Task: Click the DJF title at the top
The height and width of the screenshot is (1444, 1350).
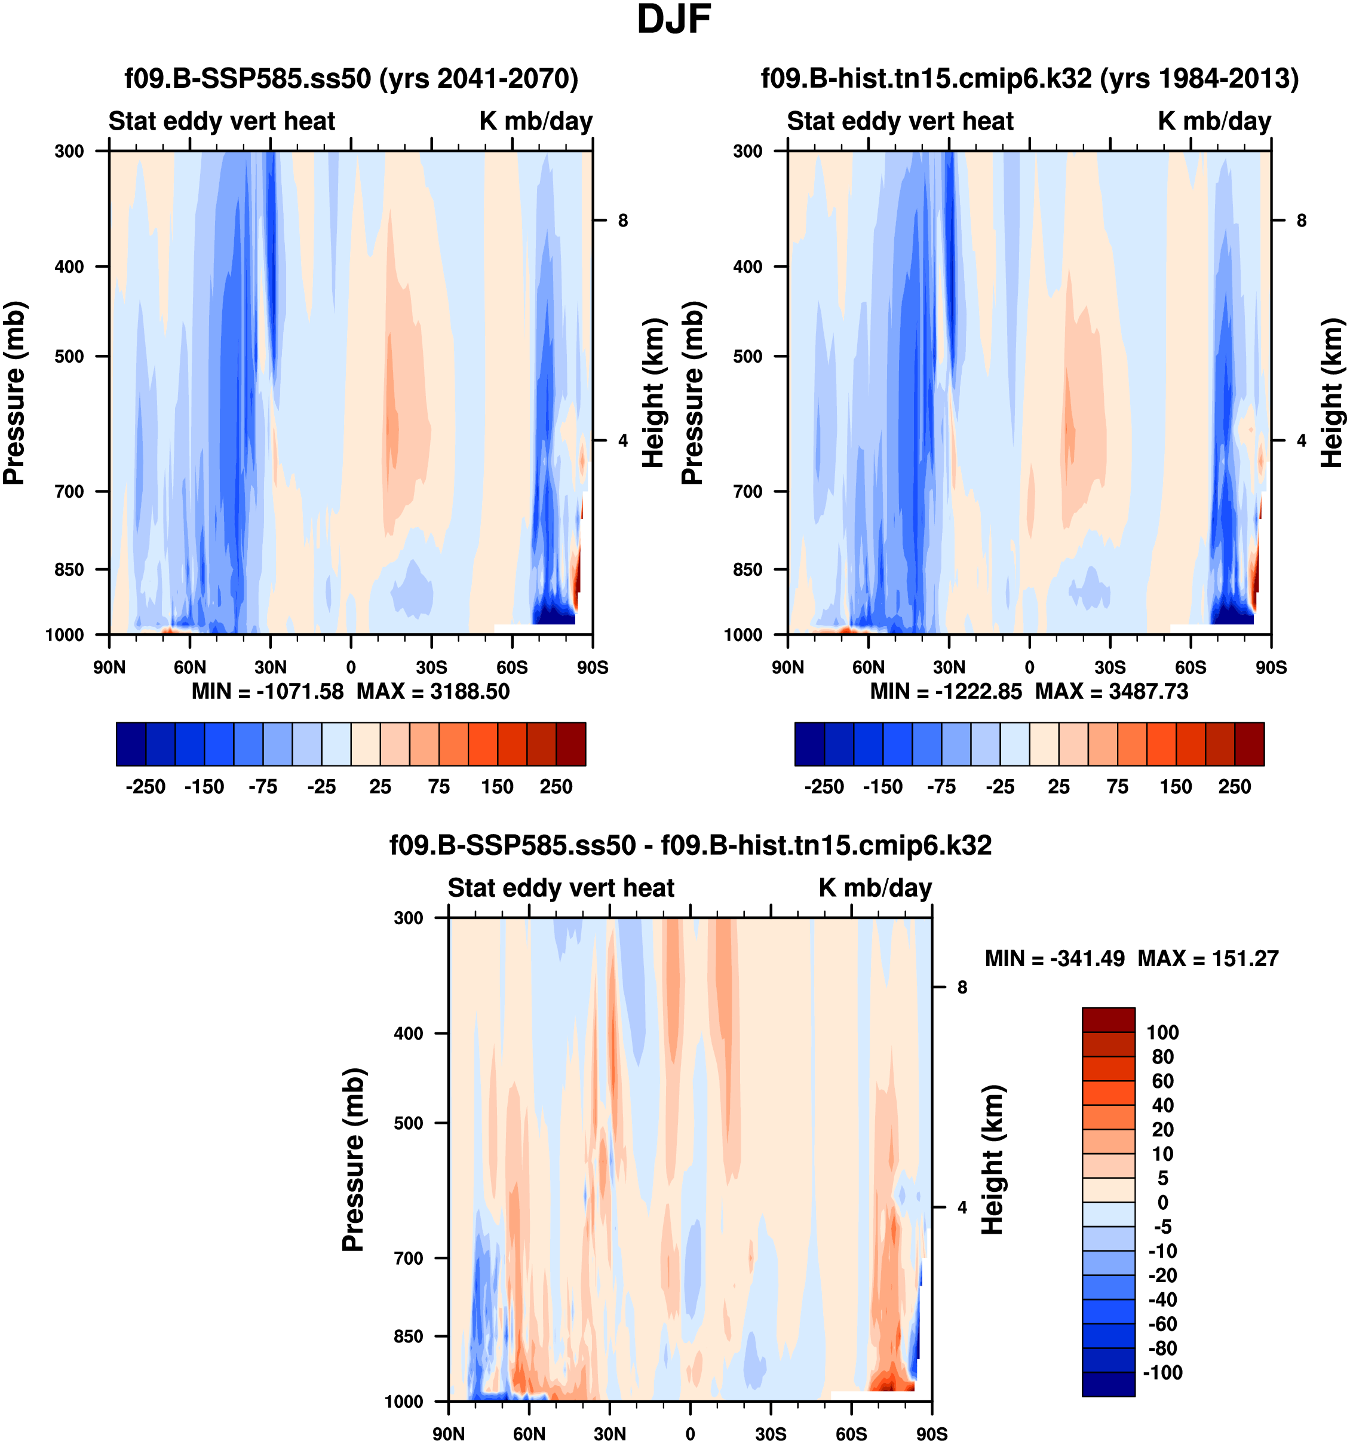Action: coord(673,20)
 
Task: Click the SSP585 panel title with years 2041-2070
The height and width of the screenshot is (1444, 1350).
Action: coord(351,78)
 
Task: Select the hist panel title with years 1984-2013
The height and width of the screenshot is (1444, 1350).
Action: coord(1029,78)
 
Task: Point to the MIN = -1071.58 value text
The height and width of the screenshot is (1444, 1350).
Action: coord(267,691)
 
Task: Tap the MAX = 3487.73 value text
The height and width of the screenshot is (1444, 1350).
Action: coord(1111,691)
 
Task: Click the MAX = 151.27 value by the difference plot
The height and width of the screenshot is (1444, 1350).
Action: coord(1208,959)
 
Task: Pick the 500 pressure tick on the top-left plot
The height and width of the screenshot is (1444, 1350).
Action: coord(70,357)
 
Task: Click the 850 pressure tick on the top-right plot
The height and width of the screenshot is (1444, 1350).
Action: coord(748,569)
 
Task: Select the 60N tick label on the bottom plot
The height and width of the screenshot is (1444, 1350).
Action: coord(529,1433)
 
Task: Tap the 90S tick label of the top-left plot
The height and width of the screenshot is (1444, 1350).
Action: coord(593,667)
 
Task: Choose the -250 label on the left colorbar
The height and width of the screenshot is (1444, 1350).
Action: coord(145,787)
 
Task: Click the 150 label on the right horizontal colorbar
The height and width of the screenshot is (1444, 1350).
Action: coord(1176,787)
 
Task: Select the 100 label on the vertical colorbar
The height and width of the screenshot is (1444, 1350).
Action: coord(1162,1032)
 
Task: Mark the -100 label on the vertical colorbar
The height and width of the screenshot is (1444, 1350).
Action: coord(1162,1372)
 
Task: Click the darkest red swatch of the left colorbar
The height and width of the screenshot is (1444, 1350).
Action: coord(571,744)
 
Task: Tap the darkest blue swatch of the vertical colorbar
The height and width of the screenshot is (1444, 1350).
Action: coord(1108,1384)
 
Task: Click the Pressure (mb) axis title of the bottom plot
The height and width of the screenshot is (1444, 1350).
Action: coord(353,1159)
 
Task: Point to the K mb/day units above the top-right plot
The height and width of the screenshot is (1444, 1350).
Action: coord(1214,121)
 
